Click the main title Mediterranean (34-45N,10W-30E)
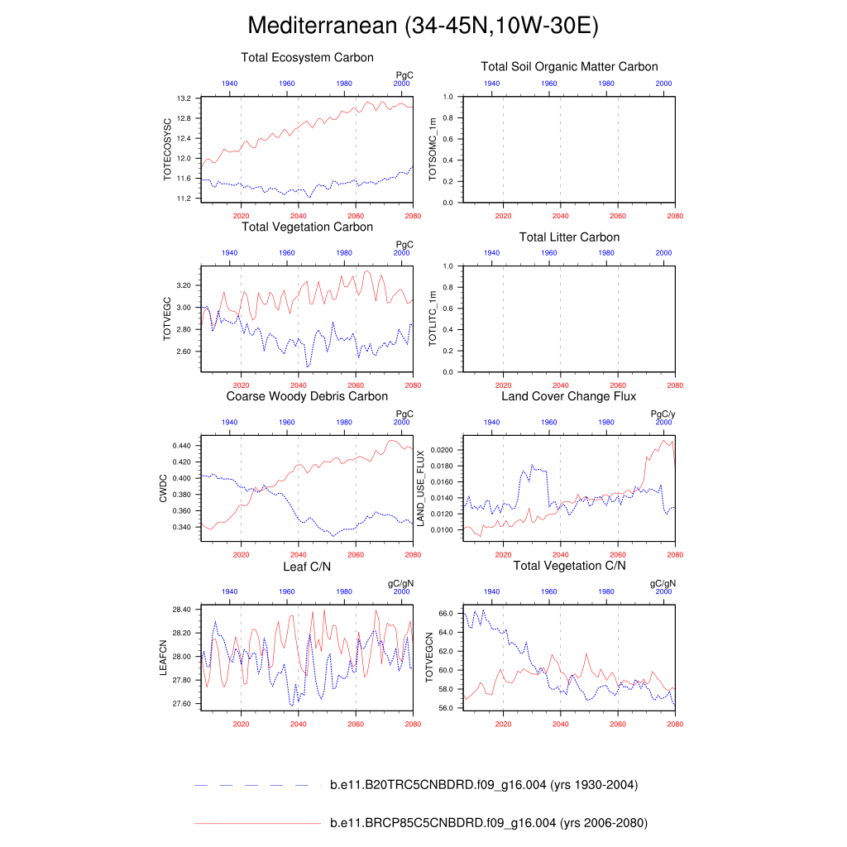point(423,26)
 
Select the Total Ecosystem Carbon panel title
point(307,58)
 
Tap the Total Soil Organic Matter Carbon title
point(569,66)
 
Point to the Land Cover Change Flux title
point(569,396)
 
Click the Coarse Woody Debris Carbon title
point(307,396)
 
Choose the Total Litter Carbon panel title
point(569,237)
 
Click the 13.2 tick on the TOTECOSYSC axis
point(184,98)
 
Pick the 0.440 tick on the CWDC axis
point(181,446)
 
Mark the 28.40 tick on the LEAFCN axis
point(181,610)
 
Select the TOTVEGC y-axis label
point(166,319)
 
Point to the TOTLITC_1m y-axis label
point(431,319)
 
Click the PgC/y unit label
point(663,414)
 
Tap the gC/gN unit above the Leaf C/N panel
point(401,583)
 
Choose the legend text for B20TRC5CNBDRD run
point(483,785)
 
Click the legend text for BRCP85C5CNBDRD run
point(488,823)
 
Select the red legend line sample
point(256,824)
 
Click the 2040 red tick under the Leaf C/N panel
point(299,725)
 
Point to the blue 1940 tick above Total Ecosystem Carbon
point(230,84)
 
